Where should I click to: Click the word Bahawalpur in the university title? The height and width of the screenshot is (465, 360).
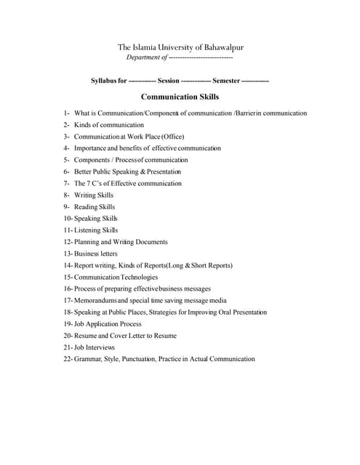point(221,48)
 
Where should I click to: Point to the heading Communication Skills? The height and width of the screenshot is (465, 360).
point(180,97)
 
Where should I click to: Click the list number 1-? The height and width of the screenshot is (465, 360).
point(67,113)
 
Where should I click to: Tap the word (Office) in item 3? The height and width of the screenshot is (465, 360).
point(169,137)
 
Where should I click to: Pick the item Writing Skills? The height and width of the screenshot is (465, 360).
point(94,195)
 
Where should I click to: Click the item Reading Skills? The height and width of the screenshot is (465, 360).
point(95,206)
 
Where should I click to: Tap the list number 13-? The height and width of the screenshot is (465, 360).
point(68,254)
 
